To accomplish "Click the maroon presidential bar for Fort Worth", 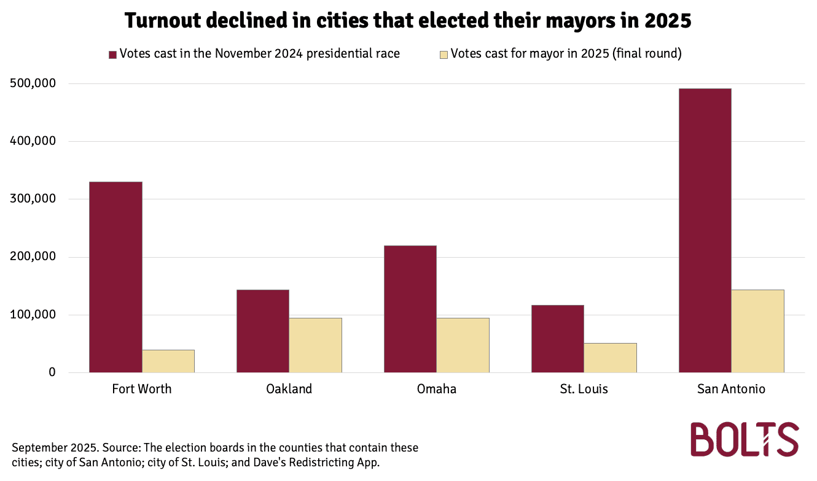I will coord(115,277).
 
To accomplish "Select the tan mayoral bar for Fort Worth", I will coord(168,361).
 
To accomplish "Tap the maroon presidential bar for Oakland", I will coord(263,331).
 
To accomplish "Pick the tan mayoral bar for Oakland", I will coord(316,345).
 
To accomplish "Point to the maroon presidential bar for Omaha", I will coord(410,309).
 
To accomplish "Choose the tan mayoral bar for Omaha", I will coord(463,345).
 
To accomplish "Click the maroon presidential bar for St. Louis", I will coord(558,339).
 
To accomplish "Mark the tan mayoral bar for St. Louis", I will coord(611,358).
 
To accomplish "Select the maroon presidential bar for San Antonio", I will coord(705,230).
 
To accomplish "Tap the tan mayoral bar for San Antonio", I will coord(758,331).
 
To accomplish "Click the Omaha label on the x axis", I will coord(437,389).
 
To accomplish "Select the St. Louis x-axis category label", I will coord(584,389).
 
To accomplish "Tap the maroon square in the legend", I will coord(112,54).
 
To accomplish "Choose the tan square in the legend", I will coord(444,54).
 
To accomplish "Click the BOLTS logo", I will coord(745,439).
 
